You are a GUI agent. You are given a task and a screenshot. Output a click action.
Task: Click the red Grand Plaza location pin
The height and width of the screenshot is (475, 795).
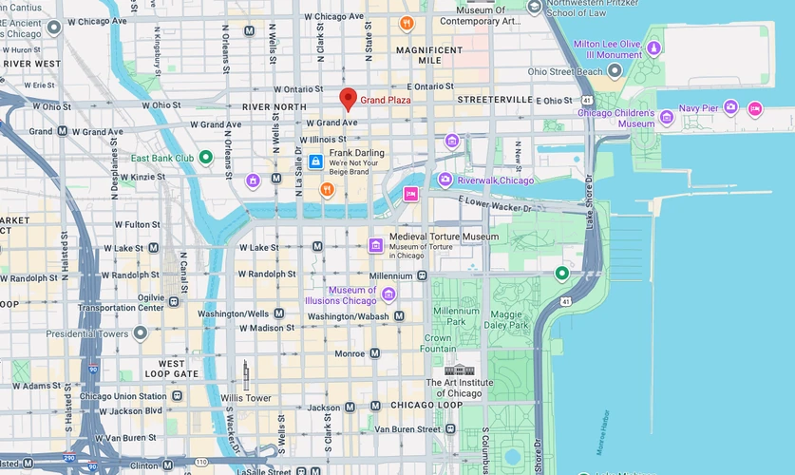tap(349, 99)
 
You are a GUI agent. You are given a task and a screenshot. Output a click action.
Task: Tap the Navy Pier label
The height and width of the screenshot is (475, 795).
tap(699, 107)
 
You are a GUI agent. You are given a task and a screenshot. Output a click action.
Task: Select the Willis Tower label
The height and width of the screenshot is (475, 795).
tap(246, 398)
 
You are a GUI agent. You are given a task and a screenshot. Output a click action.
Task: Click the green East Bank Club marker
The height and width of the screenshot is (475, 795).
tap(204, 158)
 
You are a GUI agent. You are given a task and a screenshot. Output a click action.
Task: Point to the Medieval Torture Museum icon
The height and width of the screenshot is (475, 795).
tap(376, 245)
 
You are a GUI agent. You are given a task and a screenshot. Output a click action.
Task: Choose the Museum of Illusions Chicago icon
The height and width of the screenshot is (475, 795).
tap(388, 294)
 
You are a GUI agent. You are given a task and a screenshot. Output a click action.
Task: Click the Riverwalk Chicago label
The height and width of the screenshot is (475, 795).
tap(495, 180)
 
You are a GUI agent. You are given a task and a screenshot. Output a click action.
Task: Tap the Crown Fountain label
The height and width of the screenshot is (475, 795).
tap(438, 343)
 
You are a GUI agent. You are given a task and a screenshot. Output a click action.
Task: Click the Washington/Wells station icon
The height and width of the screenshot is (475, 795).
tap(278, 313)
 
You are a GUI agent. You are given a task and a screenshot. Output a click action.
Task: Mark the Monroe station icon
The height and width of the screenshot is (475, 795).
tap(375, 352)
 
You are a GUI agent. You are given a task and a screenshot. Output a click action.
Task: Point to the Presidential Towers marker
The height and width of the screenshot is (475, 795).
tap(141, 333)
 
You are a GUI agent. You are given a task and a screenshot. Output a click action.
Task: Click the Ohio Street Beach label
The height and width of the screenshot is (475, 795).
tap(565, 71)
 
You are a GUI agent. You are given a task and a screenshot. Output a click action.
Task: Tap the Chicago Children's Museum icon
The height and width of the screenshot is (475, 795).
tap(667, 118)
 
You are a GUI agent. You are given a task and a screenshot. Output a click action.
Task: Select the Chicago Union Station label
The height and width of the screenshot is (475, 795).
tap(123, 396)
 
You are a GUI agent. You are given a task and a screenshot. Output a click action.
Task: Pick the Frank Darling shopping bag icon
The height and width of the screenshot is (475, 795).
tap(315, 161)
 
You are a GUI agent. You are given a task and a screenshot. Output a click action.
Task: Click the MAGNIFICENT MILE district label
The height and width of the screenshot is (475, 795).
tap(428, 54)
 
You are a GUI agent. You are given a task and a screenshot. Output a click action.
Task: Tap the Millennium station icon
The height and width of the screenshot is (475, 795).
tap(422, 275)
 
